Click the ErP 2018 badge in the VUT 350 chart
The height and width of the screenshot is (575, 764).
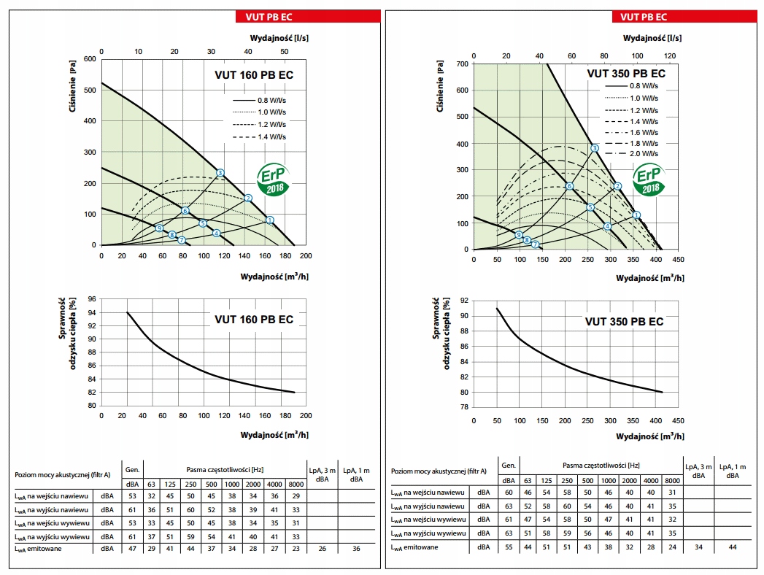[x=648, y=180]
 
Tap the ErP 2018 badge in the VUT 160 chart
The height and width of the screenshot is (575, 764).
[x=274, y=179]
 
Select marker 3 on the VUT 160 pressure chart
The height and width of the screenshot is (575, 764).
[x=220, y=173]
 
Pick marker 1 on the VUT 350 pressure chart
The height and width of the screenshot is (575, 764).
[x=636, y=215]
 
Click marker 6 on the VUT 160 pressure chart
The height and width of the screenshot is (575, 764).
[x=185, y=211]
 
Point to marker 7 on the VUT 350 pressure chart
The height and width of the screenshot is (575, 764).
[x=535, y=244]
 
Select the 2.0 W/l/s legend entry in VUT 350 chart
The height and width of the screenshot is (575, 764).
[x=644, y=154]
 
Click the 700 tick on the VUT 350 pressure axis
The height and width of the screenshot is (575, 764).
[x=460, y=64]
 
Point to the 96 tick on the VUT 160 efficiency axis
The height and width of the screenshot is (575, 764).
[x=90, y=299]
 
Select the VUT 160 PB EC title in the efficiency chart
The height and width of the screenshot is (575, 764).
[x=254, y=320]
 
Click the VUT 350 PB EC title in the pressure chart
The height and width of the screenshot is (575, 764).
[x=626, y=74]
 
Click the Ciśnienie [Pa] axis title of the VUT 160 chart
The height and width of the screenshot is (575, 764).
[x=73, y=83]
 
